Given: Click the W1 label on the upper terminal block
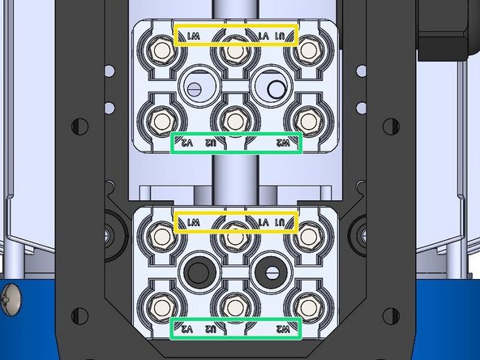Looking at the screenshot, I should coord(193,37).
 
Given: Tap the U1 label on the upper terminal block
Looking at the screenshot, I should coord(281,37).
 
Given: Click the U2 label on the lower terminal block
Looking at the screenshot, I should coord(211,330).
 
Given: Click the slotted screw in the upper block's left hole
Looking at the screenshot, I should coord(198,85).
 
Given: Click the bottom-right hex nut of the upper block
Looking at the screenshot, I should coord(306,120).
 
